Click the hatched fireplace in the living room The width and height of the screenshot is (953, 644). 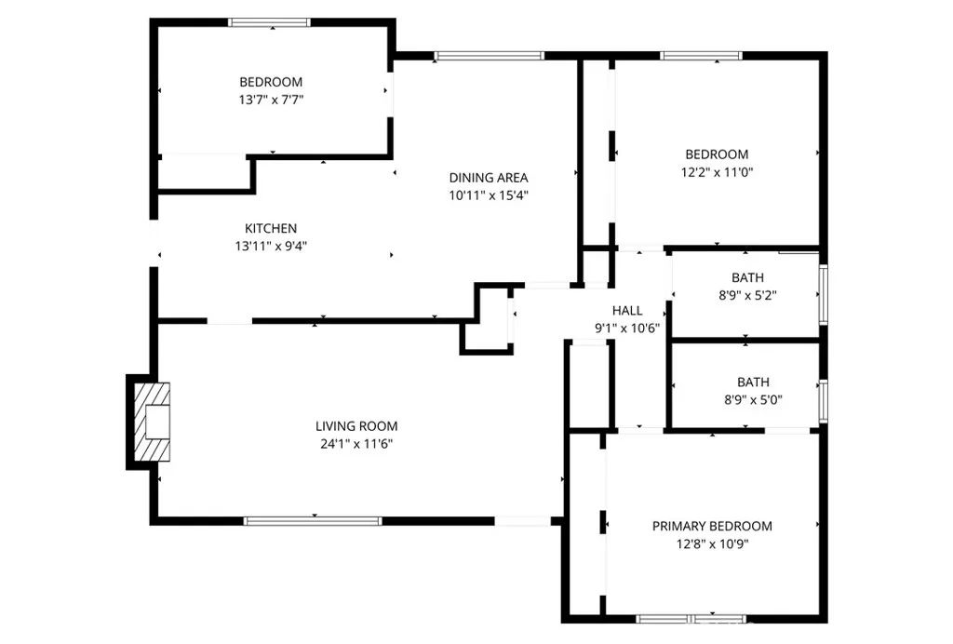[153, 422]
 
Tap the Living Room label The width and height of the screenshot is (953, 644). [356, 426]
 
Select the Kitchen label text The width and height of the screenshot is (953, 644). [271, 228]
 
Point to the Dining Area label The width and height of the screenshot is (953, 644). [489, 178]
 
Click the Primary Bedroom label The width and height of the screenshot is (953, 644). [712, 526]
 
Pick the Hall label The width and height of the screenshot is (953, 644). [626, 310]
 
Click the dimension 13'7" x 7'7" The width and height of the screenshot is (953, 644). [271, 99]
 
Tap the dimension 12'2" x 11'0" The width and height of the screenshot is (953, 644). [717, 171]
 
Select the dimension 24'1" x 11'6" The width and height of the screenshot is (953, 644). [356, 443]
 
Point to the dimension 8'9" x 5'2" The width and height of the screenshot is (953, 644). [747, 294]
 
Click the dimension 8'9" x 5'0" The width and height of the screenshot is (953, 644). [753, 399]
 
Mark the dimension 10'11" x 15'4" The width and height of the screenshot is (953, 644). [489, 195]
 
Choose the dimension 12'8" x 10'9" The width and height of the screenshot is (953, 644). [712, 543]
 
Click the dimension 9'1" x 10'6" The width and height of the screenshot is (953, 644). [626, 327]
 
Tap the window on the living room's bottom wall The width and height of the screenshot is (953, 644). [313, 521]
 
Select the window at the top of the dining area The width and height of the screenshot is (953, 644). [489, 57]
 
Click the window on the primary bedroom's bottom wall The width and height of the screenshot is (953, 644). [691, 618]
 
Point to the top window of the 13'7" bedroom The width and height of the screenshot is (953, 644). [270, 22]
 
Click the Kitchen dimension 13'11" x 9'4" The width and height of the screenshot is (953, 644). [271, 246]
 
